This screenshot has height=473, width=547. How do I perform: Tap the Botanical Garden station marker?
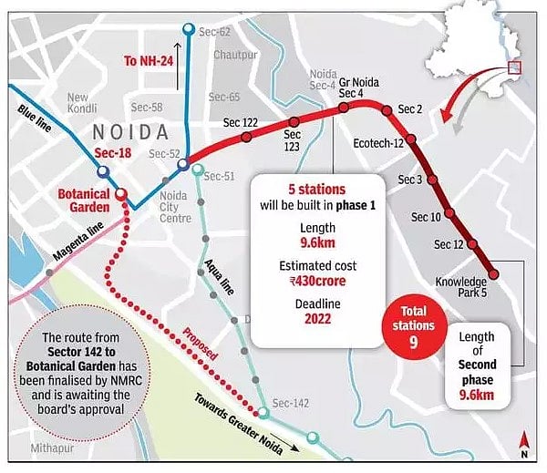(x=120, y=193)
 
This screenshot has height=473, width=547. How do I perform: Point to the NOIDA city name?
(x=131, y=132)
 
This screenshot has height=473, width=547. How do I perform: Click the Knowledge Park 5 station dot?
(x=493, y=272)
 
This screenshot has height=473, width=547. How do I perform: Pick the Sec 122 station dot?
(x=246, y=138)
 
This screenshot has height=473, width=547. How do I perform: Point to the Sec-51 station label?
(x=220, y=176)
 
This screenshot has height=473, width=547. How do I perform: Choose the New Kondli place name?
(x=77, y=103)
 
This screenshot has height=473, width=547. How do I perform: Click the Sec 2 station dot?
(x=387, y=110)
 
